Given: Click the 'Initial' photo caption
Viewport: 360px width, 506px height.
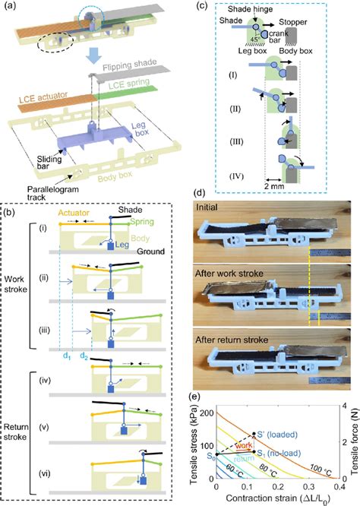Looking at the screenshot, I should pyautogui.click(x=213, y=207).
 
